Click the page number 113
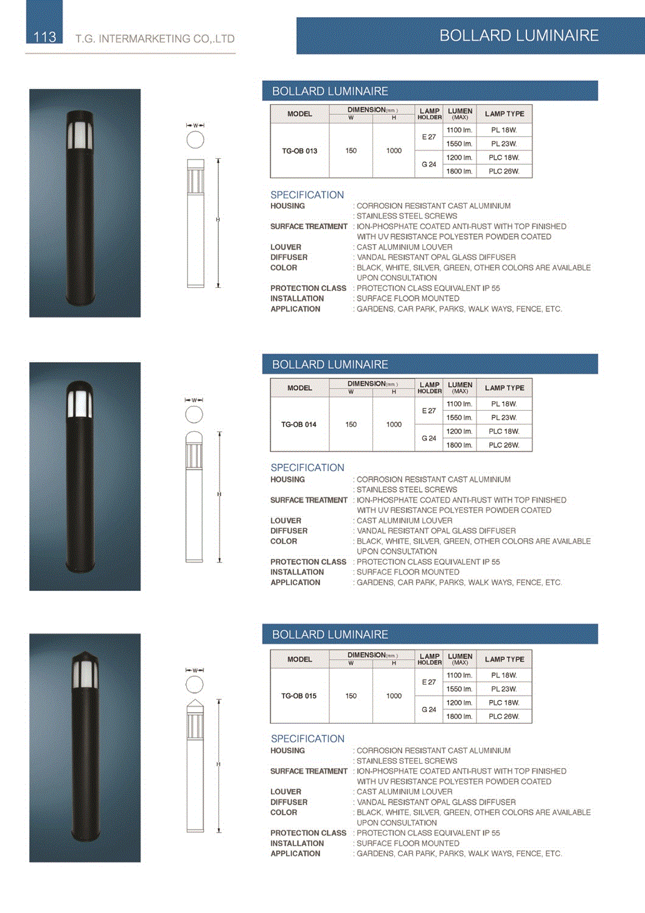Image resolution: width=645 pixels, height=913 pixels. (x=44, y=37)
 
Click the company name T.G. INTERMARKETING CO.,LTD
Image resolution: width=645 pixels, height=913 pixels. (x=155, y=39)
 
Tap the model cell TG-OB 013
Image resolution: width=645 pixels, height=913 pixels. (x=299, y=151)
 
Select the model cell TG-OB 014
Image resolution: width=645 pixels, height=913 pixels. (x=299, y=424)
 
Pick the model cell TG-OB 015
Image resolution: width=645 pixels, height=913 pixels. (x=299, y=696)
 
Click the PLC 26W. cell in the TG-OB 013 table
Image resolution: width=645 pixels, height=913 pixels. (x=504, y=172)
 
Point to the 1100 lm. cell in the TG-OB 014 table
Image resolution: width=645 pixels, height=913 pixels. (x=459, y=404)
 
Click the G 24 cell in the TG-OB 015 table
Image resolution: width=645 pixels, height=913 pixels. (x=429, y=710)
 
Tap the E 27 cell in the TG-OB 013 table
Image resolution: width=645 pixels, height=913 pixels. (x=429, y=137)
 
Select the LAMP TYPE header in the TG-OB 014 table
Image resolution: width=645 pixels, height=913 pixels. (x=504, y=388)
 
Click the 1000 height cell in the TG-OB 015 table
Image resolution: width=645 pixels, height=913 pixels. (x=394, y=696)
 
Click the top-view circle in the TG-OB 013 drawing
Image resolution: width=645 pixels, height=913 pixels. (x=195, y=140)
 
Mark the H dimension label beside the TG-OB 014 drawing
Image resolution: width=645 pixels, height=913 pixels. (x=219, y=494)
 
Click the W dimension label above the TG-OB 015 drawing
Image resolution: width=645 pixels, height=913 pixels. (x=195, y=670)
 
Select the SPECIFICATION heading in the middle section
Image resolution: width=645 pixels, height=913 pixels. (x=307, y=467)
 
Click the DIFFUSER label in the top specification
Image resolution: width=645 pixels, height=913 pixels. (x=289, y=257)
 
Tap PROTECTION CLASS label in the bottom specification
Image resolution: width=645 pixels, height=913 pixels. (x=309, y=833)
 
